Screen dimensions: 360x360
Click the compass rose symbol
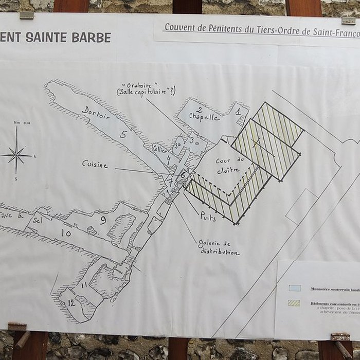16,153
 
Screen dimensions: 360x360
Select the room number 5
123,135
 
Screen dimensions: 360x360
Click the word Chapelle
204,117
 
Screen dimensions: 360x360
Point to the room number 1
238,111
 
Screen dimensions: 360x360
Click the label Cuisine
95,164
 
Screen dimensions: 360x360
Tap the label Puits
208,216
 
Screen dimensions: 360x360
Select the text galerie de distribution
218,247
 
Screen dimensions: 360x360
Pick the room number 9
103,221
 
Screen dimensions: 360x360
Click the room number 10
66,233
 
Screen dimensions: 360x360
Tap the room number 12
71,303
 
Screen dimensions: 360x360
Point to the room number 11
83,284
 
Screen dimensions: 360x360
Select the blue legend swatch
294,289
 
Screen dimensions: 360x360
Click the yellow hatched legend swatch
294,303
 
